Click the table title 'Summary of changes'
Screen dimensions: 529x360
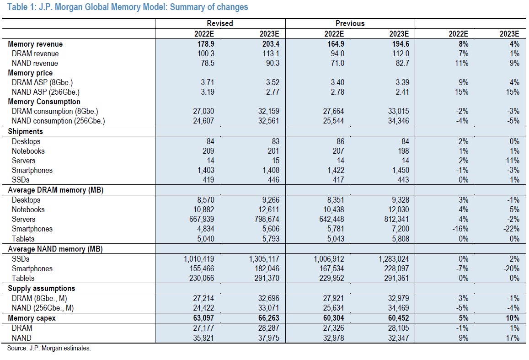(209, 7)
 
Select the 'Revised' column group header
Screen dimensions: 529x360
(219, 23)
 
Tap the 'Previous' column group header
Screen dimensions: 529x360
(350, 23)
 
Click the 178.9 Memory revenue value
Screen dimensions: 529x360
(206, 44)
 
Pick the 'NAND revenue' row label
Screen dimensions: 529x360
(35, 63)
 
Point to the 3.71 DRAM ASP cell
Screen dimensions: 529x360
(208, 82)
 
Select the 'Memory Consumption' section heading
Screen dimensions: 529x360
(44, 102)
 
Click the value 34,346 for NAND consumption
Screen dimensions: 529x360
(398, 121)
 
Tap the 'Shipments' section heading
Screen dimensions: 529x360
(25, 131)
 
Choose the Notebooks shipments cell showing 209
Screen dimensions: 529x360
(208, 151)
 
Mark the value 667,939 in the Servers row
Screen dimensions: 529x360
(202, 219)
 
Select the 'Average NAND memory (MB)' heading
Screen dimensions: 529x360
(55, 249)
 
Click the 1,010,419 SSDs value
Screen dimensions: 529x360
(199, 259)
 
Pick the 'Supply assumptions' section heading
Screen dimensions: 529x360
(42, 288)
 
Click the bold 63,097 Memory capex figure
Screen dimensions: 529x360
(203, 318)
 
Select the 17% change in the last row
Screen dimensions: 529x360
(513, 338)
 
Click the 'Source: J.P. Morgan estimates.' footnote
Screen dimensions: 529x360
(49, 348)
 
